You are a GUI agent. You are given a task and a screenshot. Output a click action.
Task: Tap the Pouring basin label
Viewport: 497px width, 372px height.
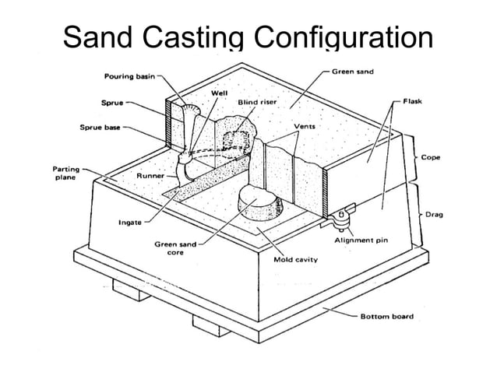click(130, 76)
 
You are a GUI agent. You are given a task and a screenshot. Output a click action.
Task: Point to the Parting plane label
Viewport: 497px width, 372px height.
click(64, 173)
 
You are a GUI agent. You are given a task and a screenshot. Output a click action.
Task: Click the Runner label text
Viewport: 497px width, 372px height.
click(150, 176)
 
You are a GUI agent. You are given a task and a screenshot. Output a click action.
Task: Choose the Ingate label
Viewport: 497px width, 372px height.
click(129, 223)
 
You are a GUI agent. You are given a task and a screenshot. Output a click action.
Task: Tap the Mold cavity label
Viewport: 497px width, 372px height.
click(294, 259)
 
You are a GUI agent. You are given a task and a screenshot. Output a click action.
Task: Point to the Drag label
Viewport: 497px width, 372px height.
click(434, 213)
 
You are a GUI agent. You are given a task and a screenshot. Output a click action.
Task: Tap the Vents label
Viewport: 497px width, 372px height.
click(304, 125)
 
